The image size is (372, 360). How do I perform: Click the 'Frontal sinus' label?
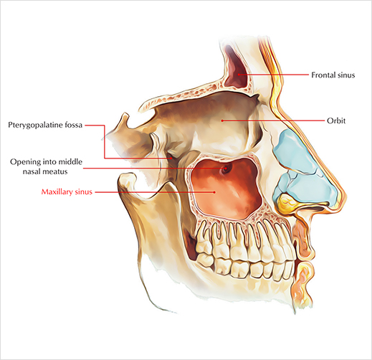333,75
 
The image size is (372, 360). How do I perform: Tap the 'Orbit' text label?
336,120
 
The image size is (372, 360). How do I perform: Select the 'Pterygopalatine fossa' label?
45,125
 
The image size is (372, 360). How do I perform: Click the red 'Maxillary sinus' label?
67,192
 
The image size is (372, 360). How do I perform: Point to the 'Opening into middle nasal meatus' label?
46,166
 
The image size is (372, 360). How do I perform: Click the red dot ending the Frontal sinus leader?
239,75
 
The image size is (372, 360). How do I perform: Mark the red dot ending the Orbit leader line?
222,120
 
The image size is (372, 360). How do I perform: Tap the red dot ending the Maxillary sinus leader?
214,192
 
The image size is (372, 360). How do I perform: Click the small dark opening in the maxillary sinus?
225,169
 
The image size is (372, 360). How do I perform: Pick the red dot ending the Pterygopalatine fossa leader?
171,158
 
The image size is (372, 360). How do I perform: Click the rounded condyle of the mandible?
128,181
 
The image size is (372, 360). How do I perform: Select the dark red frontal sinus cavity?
236,70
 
